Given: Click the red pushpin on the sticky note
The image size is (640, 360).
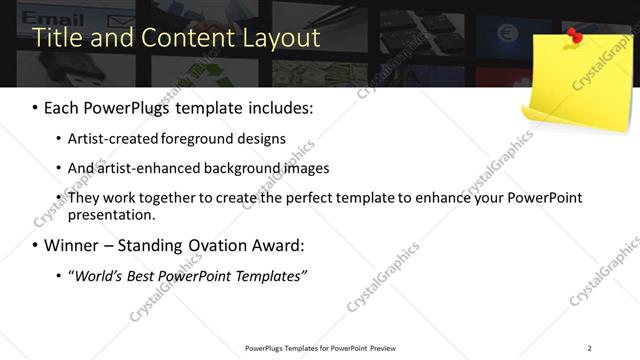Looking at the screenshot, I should [x=575, y=37].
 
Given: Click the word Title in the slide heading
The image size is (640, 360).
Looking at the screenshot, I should [x=56, y=39].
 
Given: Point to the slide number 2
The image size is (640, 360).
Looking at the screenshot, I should [x=590, y=348].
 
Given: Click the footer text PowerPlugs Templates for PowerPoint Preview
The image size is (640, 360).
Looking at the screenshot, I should [x=320, y=348].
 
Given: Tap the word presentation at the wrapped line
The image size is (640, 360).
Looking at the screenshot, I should [x=111, y=214].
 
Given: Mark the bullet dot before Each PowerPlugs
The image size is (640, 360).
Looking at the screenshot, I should [x=35, y=108].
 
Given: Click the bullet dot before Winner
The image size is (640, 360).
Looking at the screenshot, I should [x=35, y=246].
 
